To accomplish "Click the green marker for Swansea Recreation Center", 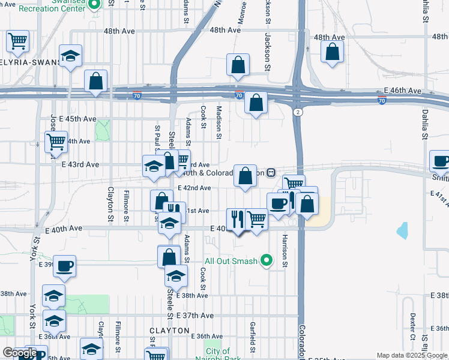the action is pos(94,5).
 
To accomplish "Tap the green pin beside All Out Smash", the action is pos(268,260).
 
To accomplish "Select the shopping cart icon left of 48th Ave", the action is pos(17,41).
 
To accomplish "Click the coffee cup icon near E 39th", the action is pos(64,265).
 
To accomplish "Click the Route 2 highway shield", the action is pos(297,112).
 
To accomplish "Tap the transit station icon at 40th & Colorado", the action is pos(271,173).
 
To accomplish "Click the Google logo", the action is pos(19,353).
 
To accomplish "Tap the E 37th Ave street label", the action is pos(195,316).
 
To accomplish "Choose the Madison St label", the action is pos(218,122).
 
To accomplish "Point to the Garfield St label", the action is pos(252,336).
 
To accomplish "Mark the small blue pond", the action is pos(402,230).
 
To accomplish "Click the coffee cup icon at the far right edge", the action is pos(441,161).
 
